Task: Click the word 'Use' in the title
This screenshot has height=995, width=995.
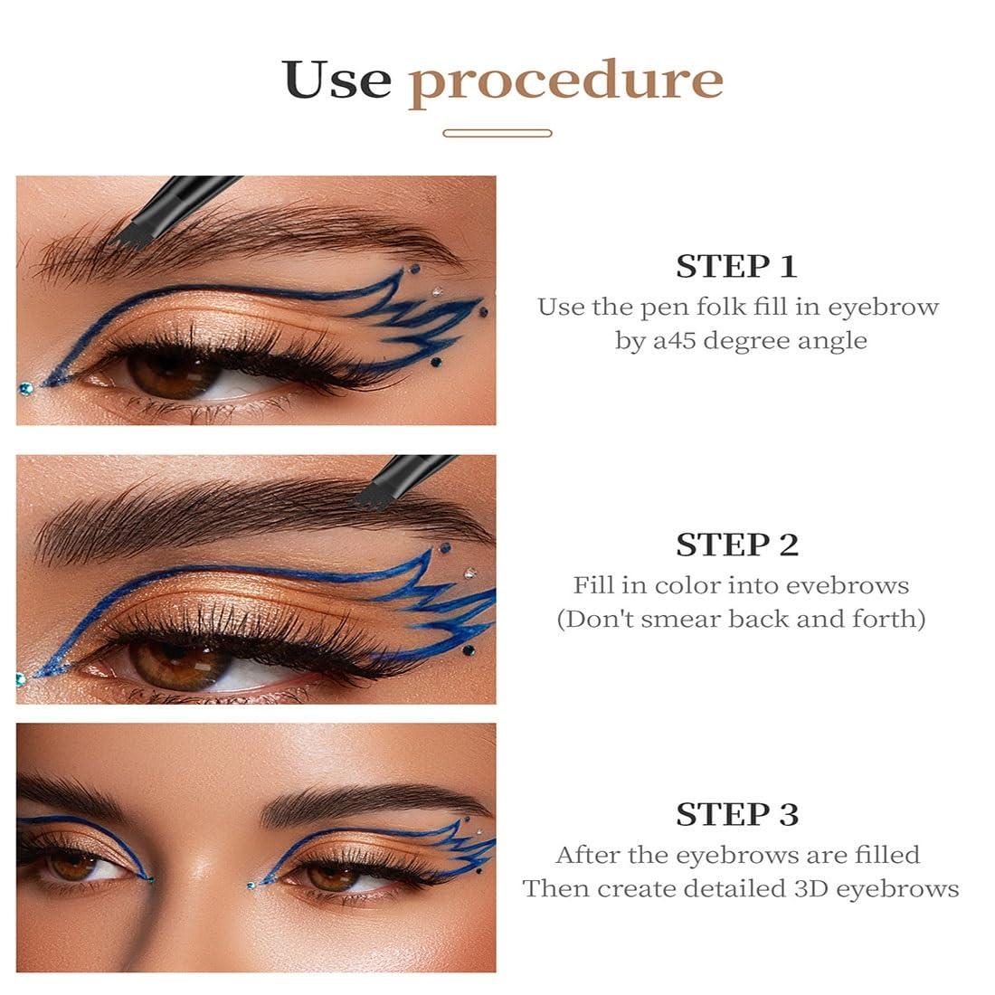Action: tap(336, 80)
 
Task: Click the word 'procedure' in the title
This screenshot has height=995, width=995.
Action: tap(565, 81)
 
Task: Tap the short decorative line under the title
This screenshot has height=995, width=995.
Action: tap(497, 133)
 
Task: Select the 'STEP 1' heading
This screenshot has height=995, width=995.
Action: tap(736, 267)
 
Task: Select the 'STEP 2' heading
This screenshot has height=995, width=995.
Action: tap(737, 545)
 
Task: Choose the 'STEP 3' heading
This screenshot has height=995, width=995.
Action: tap(737, 815)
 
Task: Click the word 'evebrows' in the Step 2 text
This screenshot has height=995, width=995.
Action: tap(848, 585)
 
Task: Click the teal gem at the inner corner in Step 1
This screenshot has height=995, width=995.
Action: tap(25, 389)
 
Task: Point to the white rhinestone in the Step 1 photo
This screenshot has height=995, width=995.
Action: tap(438, 291)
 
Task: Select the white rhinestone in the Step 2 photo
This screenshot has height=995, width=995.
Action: tap(469, 573)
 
